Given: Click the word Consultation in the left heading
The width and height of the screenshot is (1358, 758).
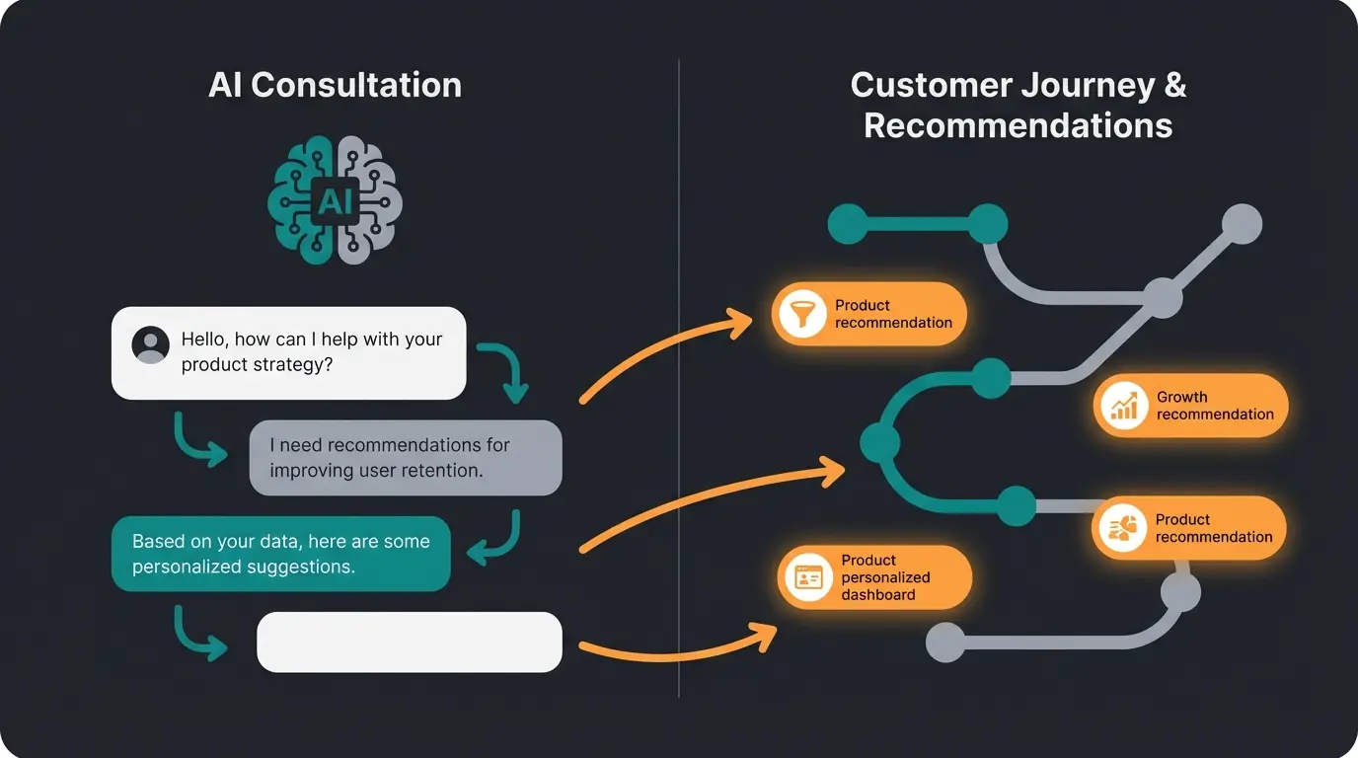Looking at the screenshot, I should pos(356,85).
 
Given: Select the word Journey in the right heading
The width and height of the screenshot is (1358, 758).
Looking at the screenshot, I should pos(1063,85).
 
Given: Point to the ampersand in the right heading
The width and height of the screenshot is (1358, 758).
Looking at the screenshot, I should pos(1174,85).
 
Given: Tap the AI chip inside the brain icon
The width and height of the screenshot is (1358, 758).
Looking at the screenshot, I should pos(335,201).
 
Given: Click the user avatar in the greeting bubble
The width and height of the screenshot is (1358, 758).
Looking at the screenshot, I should pos(150,345).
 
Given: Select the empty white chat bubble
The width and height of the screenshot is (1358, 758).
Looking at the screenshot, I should pos(409,642).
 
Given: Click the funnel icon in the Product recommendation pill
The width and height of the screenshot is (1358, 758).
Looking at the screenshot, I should pos(801,314).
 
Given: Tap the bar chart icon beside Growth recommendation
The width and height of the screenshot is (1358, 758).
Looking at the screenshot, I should pos(1123,405).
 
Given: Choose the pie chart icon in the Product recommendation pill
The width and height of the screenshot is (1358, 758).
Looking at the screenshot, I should pos(1122,528).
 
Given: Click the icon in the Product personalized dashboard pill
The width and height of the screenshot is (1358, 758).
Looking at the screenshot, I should pos(808,577).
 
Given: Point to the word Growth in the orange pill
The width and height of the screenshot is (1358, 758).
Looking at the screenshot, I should pos(1181,397).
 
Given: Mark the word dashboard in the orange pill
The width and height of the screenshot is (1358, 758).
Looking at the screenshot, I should pos(877,594).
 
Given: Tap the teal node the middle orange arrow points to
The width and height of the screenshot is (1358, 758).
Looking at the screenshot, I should pos(878,443).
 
